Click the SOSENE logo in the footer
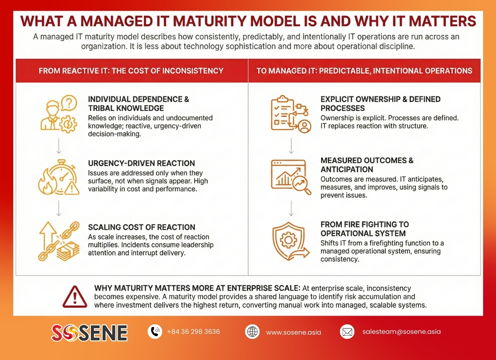click(89, 332)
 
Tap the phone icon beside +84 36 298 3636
click(155, 332)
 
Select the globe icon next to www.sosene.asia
click(252, 332)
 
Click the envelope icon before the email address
click(347, 332)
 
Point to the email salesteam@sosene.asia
click(401, 332)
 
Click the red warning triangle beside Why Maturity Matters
click(75, 297)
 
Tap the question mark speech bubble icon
click(69, 103)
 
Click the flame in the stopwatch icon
click(46, 182)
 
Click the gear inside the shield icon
click(288, 239)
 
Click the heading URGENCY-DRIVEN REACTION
click(142, 163)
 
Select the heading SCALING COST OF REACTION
click(142, 227)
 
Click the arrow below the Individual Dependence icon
click(59, 146)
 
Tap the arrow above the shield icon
click(291, 208)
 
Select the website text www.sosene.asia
click(293, 332)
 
